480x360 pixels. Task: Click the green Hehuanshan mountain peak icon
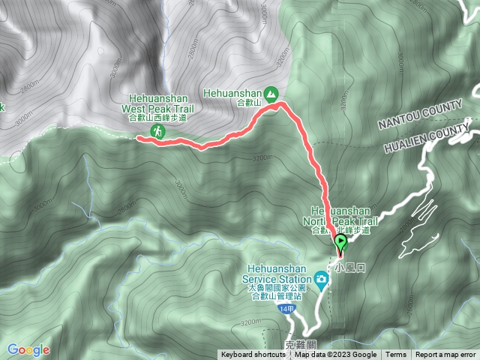pyautogui.click(x=271, y=94)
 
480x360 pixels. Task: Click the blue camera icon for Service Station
pyautogui.click(x=321, y=280)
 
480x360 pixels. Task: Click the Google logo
pyautogui.click(x=28, y=349)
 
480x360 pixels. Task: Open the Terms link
pyautogui.click(x=396, y=355)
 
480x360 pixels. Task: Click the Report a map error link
pyautogui.click(x=445, y=355)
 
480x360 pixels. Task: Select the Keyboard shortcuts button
pyautogui.click(x=251, y=355)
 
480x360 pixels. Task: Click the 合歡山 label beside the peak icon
pyautogui.click(x=247, y=103)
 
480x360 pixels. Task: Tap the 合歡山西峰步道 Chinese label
pyautogui.click(x=157, y=118)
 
